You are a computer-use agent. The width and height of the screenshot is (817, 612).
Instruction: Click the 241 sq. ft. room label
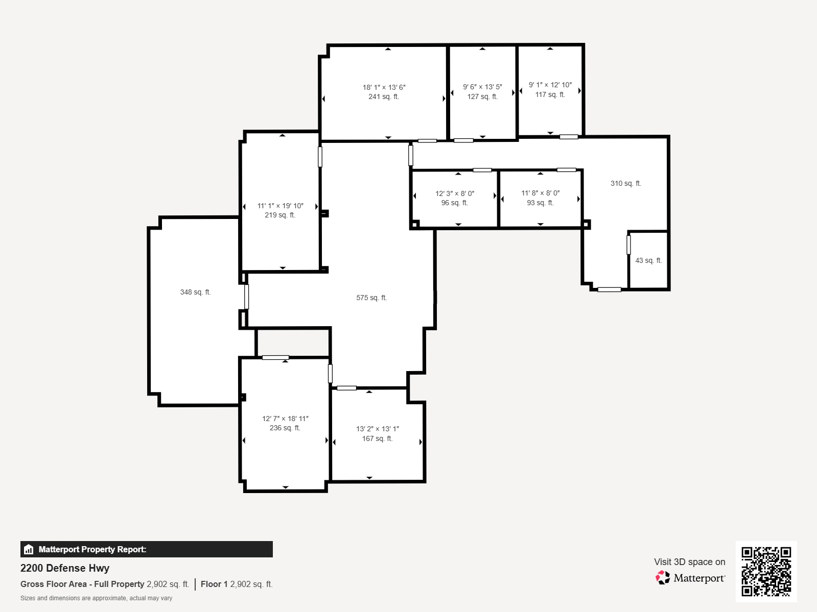tap(383, 97)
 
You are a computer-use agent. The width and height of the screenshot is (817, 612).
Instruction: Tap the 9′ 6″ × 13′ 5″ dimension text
tap(482, 87)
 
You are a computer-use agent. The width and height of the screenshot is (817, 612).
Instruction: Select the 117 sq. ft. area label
tap(550, 95)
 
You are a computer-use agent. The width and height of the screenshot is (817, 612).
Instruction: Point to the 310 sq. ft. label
tap(625, 184)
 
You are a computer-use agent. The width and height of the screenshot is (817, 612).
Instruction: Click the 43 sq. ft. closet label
tap(648, 261)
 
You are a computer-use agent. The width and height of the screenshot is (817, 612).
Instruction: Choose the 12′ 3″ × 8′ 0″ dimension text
tap(455, 194)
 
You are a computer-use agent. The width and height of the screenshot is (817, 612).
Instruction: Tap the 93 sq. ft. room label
tap(540, 203)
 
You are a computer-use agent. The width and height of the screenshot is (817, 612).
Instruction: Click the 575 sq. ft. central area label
tap(371, 298)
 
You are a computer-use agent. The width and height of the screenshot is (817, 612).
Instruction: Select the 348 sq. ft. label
tap(195, 292)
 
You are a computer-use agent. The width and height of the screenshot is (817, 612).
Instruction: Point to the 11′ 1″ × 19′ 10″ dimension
tap(280, 206)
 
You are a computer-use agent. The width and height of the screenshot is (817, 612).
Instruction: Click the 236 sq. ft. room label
tap(285, 428)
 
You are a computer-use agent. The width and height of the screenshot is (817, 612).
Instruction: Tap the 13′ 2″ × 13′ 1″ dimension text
tap(377, 429)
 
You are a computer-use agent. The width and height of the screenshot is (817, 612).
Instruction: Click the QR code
tap(766, 571)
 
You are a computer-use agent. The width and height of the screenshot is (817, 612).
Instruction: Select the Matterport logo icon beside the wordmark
tap(663, 577)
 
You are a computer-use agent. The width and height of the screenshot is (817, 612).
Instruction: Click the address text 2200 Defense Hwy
tap(65, 568)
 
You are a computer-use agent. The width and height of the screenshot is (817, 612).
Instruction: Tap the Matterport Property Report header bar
tap(146, 549)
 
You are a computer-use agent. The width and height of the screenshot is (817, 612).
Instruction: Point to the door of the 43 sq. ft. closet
tap(628, 245)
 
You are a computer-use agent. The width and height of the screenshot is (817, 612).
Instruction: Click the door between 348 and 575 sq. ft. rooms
tap(246, 297)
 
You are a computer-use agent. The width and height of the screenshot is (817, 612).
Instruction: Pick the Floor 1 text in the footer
tap(214, 584)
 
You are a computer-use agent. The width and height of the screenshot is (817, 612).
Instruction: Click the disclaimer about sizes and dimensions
tap(96, 598)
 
